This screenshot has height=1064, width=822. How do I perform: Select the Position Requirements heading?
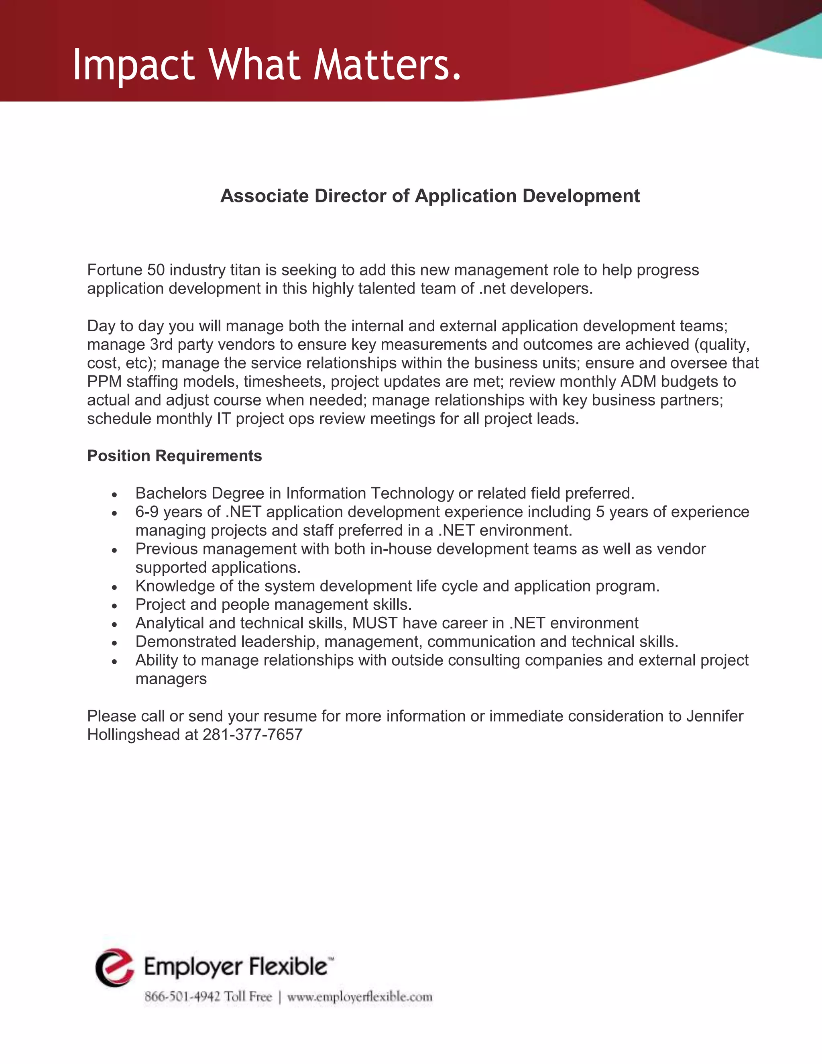point(174,456)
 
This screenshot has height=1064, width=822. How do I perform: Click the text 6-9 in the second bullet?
point(146,512)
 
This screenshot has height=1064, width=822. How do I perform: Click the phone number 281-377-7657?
point(252,735)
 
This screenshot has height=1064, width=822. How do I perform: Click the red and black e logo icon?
point(114,968)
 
